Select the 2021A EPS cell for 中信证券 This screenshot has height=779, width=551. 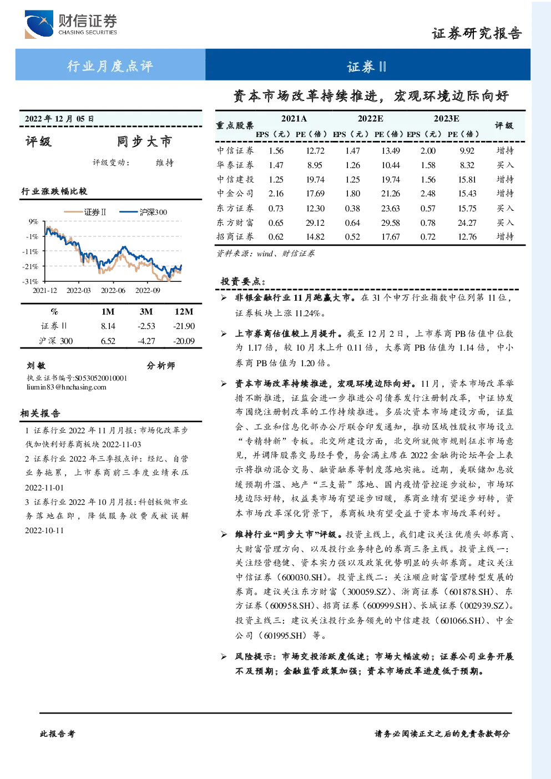(x=276, y=150)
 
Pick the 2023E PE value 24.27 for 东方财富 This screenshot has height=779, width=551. (x=467, y=222)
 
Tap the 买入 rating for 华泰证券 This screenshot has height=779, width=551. (x=505, y=165)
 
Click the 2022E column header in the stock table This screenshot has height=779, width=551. (x=371, y=119)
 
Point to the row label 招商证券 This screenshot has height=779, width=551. (x=235, y=236)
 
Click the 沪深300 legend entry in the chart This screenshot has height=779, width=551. (x=143, y=212)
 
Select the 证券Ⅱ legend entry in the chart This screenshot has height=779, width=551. (x=85, y=212)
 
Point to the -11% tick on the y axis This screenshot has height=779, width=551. (x=31, y=251)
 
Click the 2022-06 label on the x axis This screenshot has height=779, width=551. (x=113, y=290)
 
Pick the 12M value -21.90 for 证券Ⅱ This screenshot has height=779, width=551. (x=184, y=326)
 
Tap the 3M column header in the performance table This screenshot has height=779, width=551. (x=146, y=312)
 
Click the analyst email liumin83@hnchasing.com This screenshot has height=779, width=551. (x=67, y=387)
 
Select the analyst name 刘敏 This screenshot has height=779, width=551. (x=36, y=366)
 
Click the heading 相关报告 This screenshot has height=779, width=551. (x=40, y=413)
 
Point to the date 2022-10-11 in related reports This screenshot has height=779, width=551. (x=44, y=530)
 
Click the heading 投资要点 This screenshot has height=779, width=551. (x=243, y=281)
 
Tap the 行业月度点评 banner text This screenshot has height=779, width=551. (x=110, y=66)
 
